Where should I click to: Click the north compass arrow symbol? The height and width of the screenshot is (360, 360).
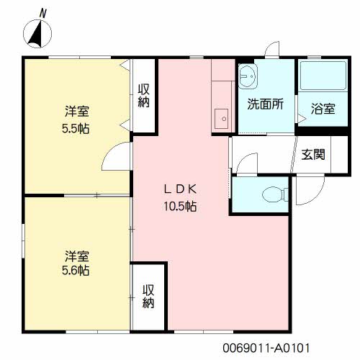click(37, 34)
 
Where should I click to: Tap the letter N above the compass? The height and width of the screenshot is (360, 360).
click(42, 14)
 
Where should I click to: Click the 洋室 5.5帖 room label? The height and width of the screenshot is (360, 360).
click(76, 120)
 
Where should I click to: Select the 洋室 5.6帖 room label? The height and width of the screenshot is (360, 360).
click(76, 263)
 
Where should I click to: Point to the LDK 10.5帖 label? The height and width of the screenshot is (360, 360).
click(180, 197)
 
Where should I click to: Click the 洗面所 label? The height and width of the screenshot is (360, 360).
click(266, 104)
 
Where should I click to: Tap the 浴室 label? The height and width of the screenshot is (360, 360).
click(323, 109)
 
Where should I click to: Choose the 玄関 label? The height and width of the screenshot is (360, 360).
click(313, 154)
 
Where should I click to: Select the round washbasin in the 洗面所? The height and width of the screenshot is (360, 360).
click(248, 76)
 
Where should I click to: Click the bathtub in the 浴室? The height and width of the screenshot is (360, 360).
click(323, 76)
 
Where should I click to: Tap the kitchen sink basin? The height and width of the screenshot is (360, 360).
click(221, 119)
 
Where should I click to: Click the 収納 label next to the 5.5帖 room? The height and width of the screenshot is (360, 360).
click(143, 96)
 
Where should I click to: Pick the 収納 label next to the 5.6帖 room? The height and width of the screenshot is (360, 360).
click(148, 296)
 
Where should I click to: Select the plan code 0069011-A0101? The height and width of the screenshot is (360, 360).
click(266, 348)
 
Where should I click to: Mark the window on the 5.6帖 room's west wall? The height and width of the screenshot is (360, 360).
click(23, 240)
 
